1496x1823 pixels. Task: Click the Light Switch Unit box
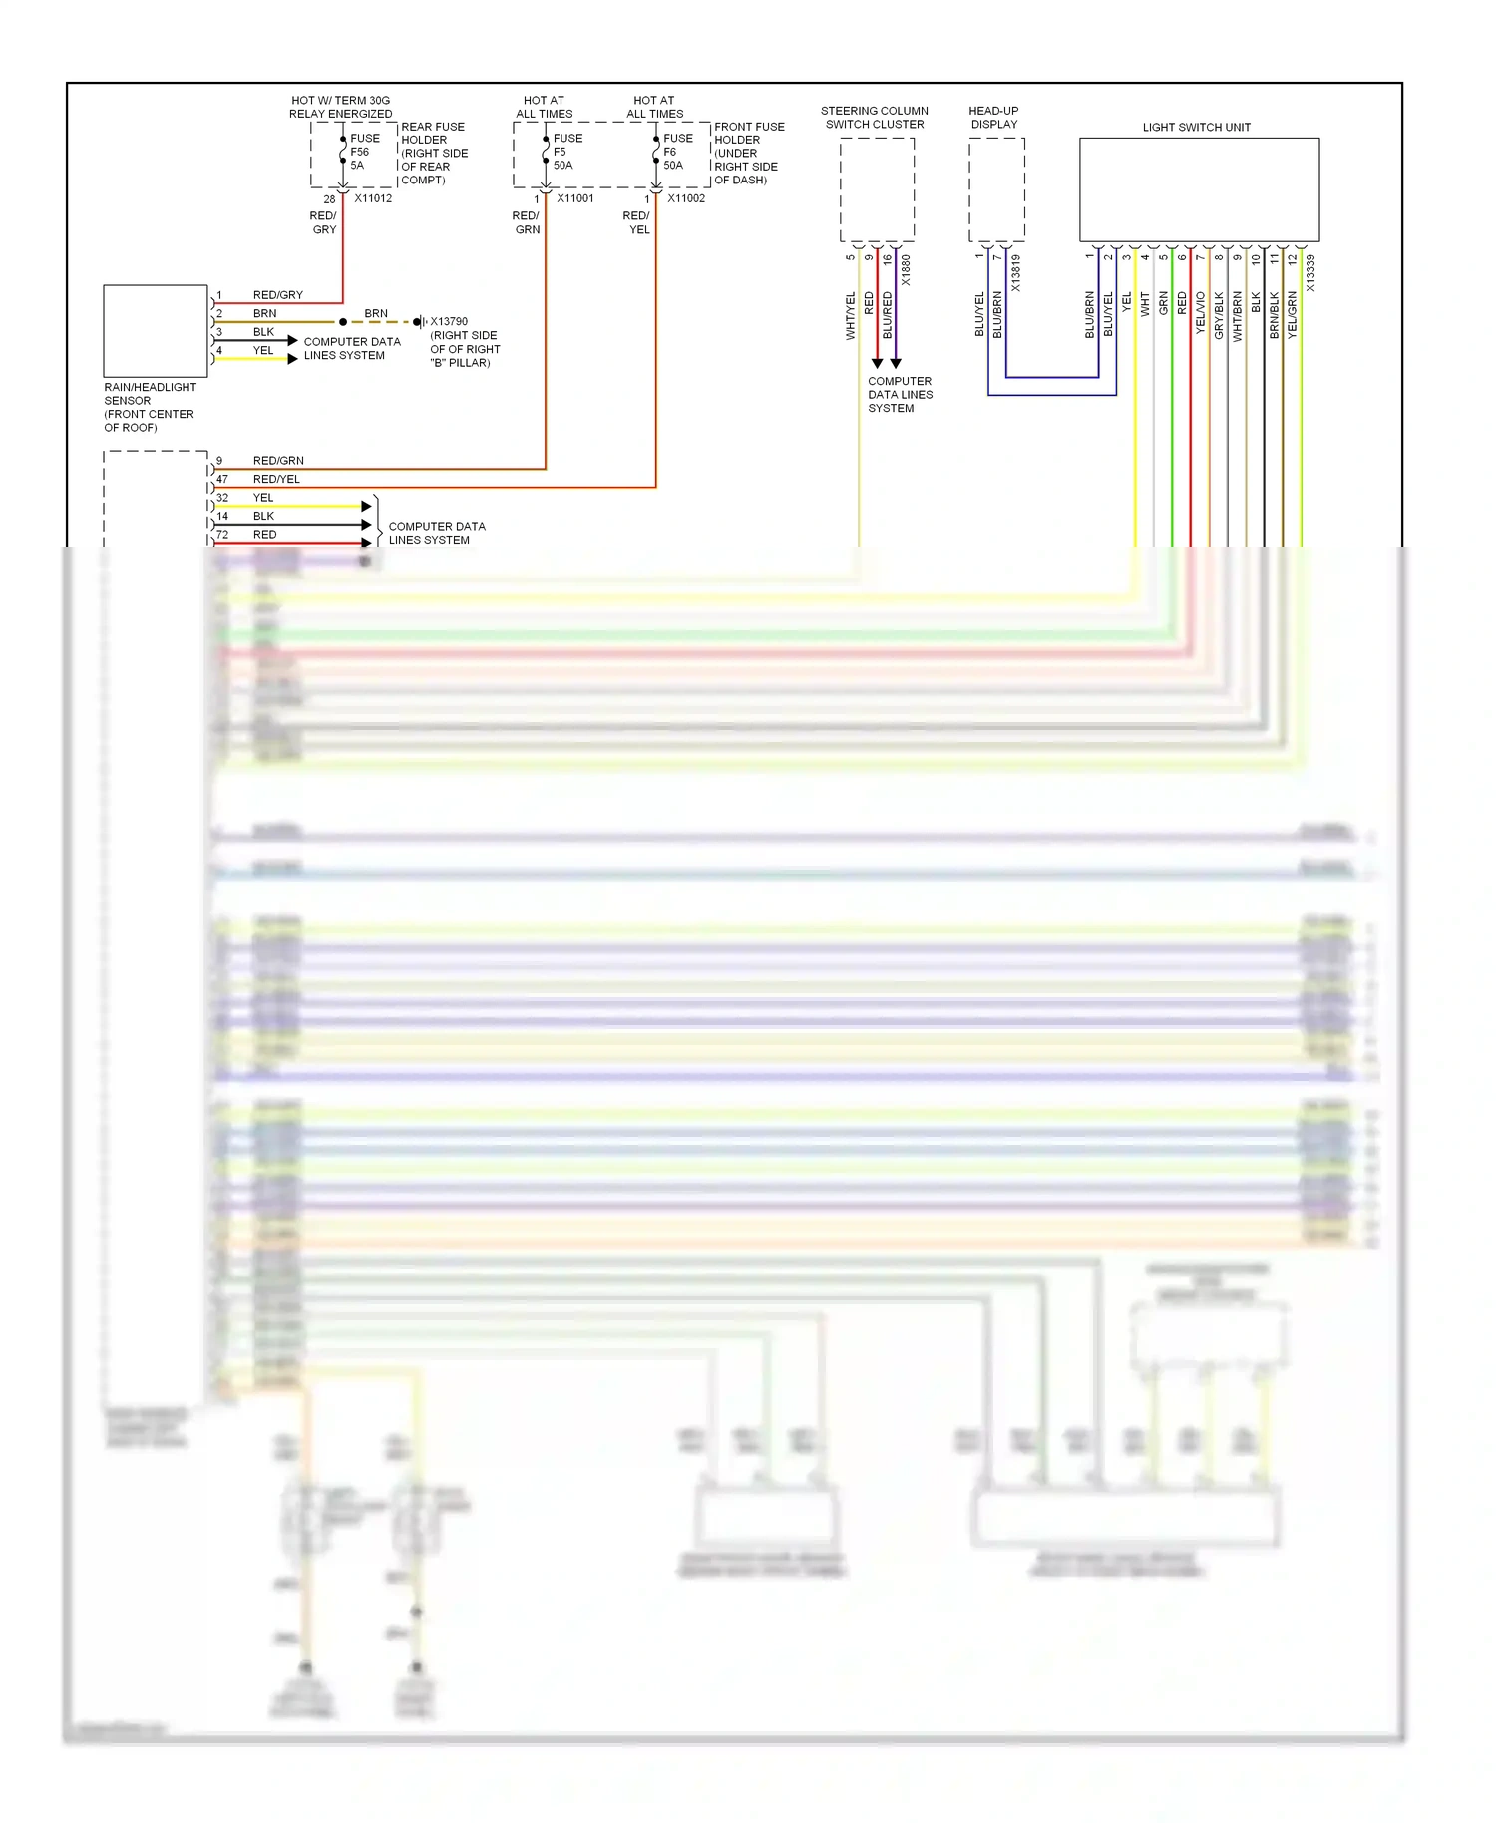tap(1198, 189)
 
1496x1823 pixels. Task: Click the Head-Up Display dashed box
tap(995, 189)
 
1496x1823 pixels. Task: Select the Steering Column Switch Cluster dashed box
tap(877, 189)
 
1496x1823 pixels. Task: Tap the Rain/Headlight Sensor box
tap(155, 331)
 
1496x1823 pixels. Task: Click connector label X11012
tap(373, 198)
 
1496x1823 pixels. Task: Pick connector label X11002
tap(686, 198)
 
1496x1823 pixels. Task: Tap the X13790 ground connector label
tap(449, 321)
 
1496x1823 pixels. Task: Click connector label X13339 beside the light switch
tap(1310, 272)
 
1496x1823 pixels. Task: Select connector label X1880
tap(906, 270)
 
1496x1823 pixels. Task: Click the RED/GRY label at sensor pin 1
tap(277, 295)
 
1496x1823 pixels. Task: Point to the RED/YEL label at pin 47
tap(276, 479)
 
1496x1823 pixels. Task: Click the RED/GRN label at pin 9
tap(278, 461)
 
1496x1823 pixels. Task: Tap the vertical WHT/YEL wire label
tap(850, 315)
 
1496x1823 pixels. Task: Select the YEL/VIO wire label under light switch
tap(1200, 312)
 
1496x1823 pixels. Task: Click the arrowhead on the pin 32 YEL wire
tap(366, 507)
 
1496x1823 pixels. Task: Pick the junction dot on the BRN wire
tap(343, 322)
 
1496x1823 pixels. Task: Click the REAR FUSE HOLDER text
tap(432, 133)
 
